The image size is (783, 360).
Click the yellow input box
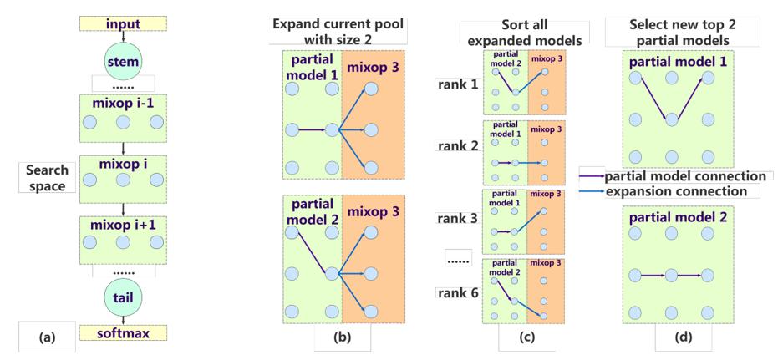click(123, 24)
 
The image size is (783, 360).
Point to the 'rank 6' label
click(458, 292)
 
